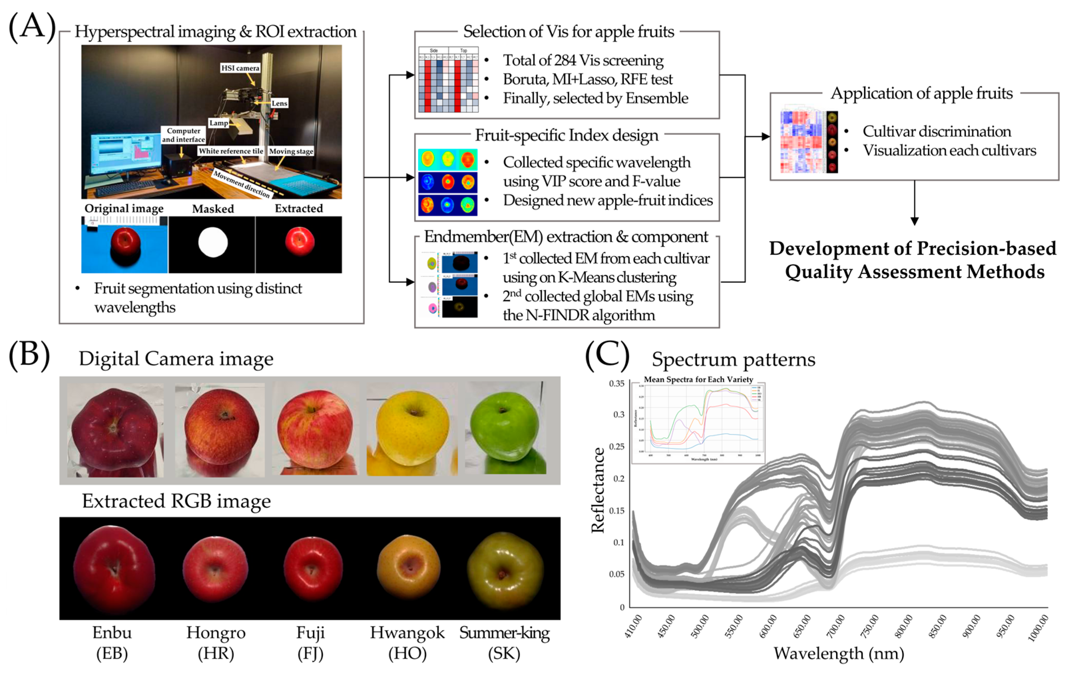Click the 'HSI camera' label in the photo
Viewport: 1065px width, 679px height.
click(240, 68)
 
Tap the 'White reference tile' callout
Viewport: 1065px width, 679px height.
click(231, 151)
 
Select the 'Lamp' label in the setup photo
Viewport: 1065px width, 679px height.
click(219, 123)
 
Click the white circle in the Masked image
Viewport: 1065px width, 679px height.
click(213, 242)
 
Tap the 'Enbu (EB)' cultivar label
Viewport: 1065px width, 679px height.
click(112, 643)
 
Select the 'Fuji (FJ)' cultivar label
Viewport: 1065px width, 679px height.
click(310, 643)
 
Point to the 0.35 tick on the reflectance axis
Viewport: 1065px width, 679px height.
click(617, 383)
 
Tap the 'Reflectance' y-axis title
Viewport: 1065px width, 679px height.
click(598, 491)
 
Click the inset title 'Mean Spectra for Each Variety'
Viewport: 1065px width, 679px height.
click(698, 379)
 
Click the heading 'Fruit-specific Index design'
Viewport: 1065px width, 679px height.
click(567, 135)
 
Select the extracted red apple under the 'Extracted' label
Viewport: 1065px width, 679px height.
click(299, 242)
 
